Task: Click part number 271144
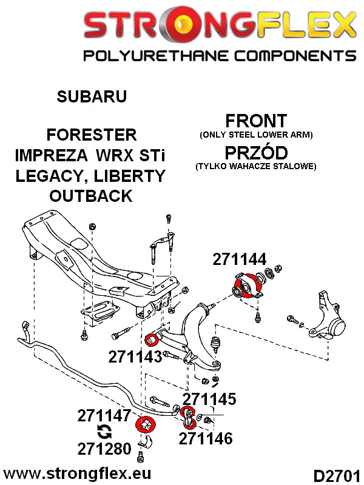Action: pyautogui.click(x=239, y=259)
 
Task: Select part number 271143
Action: pyautogui.click(x=135, y=356)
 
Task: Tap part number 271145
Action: pyautogui.click(x=209, y=398)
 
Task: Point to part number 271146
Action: pyautogui.click(x=206, y=438)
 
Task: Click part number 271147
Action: pyautogui.click(x=104, y=416)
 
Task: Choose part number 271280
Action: pyautogui.click(x=104, y=449)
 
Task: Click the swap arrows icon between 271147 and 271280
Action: pyautogui.click(x=104, y=432)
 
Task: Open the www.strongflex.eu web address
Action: pyautogui.click(x=77, y=472)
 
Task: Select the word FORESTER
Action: pyautogui.click(x=92, y=134)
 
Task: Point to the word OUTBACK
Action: pyautogui.click(x=92, y=195)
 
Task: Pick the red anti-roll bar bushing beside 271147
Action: pyautogui.click(x=146, y=424)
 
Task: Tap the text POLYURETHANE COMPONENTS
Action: pyautogui.click(x=219, y=56)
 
